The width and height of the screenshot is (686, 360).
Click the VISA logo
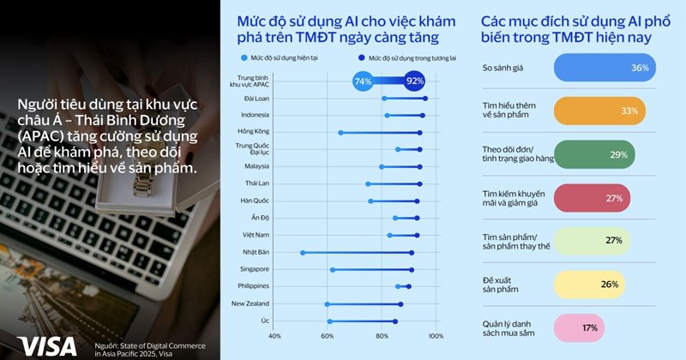coord(47,345)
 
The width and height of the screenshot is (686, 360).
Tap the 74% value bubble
coord(363,81)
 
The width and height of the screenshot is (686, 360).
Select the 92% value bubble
coord(416,81)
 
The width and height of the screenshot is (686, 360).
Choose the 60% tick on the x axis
coord(328,336)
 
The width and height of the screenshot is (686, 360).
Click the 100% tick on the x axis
coord(435,336)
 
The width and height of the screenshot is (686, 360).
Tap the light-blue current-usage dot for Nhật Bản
coord(303,253)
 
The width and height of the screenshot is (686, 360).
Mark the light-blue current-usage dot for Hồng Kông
coord(340,133)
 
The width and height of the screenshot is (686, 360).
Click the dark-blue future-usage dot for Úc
coord(395,321)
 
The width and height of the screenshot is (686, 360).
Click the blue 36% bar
coord(606,67)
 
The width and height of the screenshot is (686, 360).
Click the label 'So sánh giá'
coord(504,67)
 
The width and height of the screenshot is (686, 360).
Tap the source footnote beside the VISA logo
coord(150,345)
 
